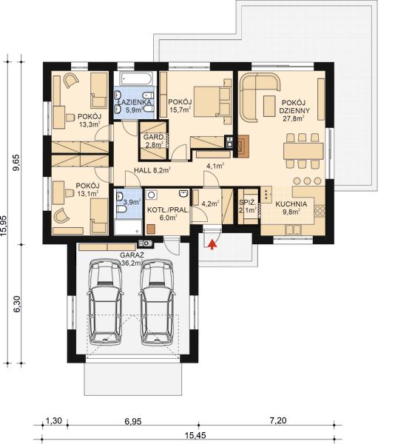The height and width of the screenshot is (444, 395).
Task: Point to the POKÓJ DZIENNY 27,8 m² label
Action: tap(294, 106)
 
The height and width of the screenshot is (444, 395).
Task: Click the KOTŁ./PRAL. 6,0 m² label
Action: tap(166, 214)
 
